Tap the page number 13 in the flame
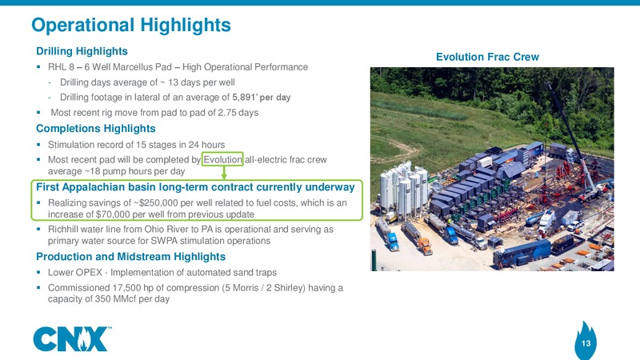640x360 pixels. (586, 343)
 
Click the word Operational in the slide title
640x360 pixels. (83, 25)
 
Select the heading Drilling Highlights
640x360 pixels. (82, 51)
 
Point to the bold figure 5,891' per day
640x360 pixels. (262, 97)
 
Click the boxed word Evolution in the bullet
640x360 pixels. (222, 159)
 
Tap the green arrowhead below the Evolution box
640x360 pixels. (224, 176)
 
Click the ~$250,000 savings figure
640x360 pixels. (155, 203)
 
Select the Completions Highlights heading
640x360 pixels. (95, 129)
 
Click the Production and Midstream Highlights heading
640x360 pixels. (130, 257)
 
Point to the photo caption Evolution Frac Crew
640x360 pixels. (487, 57)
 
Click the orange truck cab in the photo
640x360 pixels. (425, 246)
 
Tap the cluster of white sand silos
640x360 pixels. (403, 187)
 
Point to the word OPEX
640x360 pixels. (94, 273)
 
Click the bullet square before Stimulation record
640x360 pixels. (38, 144)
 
